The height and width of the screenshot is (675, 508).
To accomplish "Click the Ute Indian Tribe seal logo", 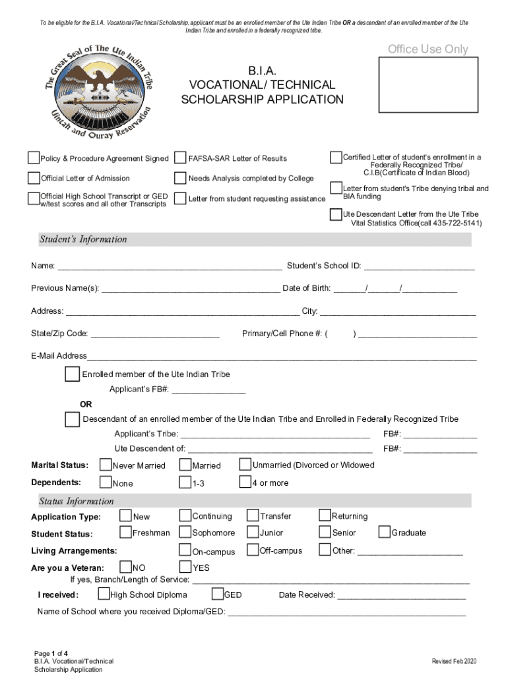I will (99, 91).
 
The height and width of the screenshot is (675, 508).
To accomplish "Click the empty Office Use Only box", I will (428, 84).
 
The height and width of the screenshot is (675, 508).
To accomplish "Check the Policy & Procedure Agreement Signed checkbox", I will (34, 158).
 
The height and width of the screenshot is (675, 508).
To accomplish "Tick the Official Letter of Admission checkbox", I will (34, 178).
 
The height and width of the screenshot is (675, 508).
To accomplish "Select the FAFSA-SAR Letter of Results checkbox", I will (180, 158).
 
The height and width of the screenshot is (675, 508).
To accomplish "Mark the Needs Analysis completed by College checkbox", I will (180, 178).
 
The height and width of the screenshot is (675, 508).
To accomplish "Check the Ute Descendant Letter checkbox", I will (336, 214).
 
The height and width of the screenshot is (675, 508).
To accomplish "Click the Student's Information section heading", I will (83, 239).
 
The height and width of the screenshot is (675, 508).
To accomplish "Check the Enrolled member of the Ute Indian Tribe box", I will (71, 374).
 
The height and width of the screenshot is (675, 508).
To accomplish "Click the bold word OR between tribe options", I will (86, 404).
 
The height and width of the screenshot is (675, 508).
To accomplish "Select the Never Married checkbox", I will (106, 465).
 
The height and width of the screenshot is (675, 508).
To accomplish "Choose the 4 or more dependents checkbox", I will (245, 483).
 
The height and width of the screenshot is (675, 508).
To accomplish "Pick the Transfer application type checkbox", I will (253, 515).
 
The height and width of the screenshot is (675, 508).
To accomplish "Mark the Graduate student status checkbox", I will (384, 532).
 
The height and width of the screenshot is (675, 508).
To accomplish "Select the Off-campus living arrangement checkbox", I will (253, 550).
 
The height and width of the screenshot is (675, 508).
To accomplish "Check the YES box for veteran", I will (185, 566).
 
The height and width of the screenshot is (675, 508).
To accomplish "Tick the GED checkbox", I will (216, 594).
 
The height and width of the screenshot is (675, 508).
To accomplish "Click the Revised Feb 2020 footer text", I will (454, 661).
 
